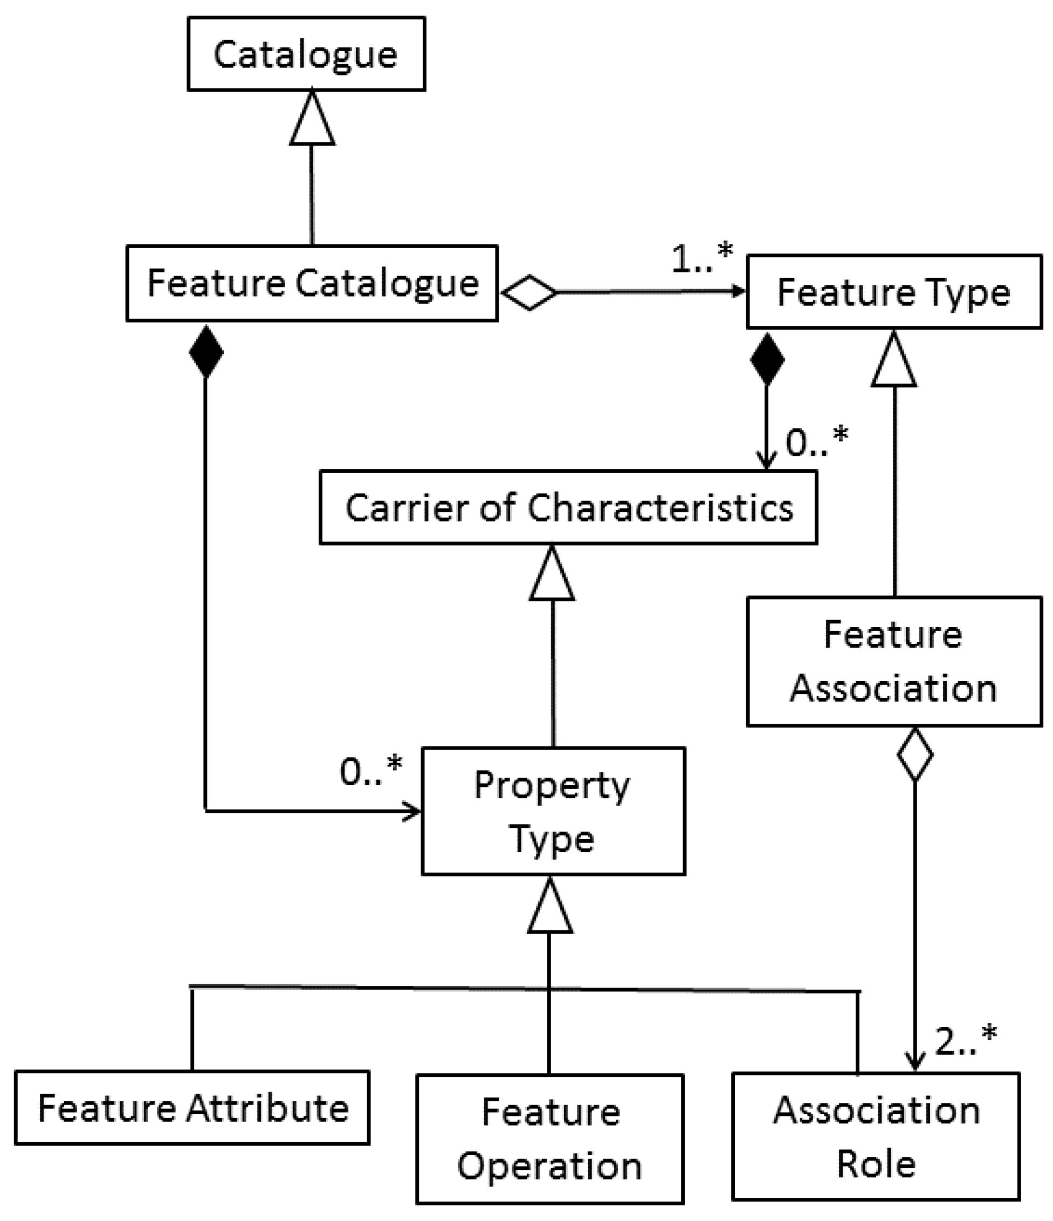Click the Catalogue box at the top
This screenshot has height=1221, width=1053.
point(306,53)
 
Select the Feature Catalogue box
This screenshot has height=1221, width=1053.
point(312,284)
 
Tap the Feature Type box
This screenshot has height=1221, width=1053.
point(894,292)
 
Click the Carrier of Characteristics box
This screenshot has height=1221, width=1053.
point(568,507)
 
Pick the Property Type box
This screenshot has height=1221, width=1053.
point(553,812)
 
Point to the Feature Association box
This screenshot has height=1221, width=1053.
point(894,661)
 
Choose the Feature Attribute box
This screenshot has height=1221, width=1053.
point(192,1108)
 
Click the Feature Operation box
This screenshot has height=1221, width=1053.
point(550,1139)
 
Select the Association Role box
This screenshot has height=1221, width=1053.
point(876,1136)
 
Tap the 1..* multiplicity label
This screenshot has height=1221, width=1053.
point(702,257)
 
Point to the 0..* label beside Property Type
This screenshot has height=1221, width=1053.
point(370,770)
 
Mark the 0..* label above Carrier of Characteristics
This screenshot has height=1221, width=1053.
point(817,441)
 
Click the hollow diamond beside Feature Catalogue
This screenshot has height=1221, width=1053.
point(529,292)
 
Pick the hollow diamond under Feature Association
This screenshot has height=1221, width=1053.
point(914,755)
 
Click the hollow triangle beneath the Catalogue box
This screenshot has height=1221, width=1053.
point(312,118)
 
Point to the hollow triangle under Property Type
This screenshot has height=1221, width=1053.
point(550,904)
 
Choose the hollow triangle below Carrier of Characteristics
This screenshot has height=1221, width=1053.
point(552,573)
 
